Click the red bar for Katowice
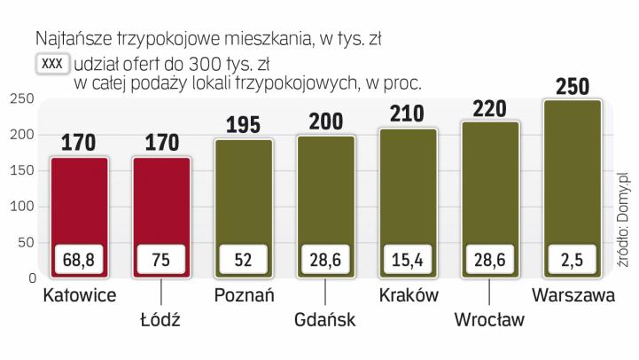tap(80, 204)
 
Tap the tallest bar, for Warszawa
tap(571, 177)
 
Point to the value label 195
tap(244, 125)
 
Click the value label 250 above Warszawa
tap(572, 87)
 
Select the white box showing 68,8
tap(80, 261)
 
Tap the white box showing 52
tap(244, 261)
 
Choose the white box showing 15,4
tap(408, 261)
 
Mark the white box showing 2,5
tap(572, 261)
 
